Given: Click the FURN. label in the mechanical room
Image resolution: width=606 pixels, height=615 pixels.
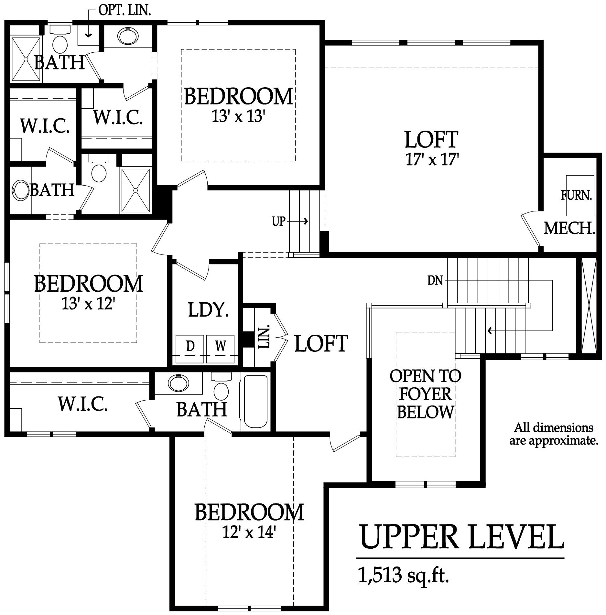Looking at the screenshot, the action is [576, 195].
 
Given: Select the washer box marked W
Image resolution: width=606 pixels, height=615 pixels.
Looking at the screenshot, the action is [220, 349].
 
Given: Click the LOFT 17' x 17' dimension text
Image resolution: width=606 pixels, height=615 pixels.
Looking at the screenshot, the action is [432, 160].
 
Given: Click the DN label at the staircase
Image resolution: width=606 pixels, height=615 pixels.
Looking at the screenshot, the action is [435, 281].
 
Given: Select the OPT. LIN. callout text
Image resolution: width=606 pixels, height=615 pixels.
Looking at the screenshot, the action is [124, 10].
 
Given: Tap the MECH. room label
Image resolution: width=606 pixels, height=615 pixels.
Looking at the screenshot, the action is [569, 228].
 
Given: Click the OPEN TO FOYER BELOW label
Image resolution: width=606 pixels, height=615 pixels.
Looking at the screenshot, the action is [426, 394].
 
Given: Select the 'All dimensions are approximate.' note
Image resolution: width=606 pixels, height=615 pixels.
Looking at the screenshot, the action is [554, 434].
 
